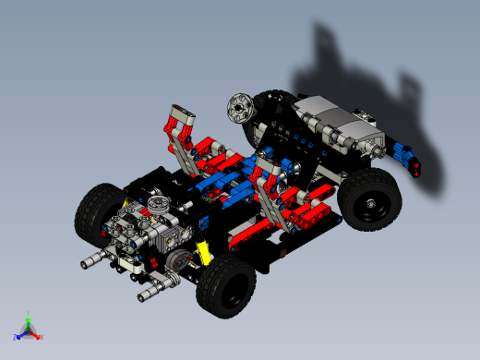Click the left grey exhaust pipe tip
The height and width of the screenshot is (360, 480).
coord(92,263)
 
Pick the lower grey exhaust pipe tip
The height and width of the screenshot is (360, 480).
coord(148,295)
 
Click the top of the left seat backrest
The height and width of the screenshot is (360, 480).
coord(181,116)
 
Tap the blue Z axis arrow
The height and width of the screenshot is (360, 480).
coord(20,334)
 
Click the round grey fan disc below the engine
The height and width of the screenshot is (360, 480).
coord(184,260)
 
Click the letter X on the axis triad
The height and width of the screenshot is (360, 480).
coord(42,337)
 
